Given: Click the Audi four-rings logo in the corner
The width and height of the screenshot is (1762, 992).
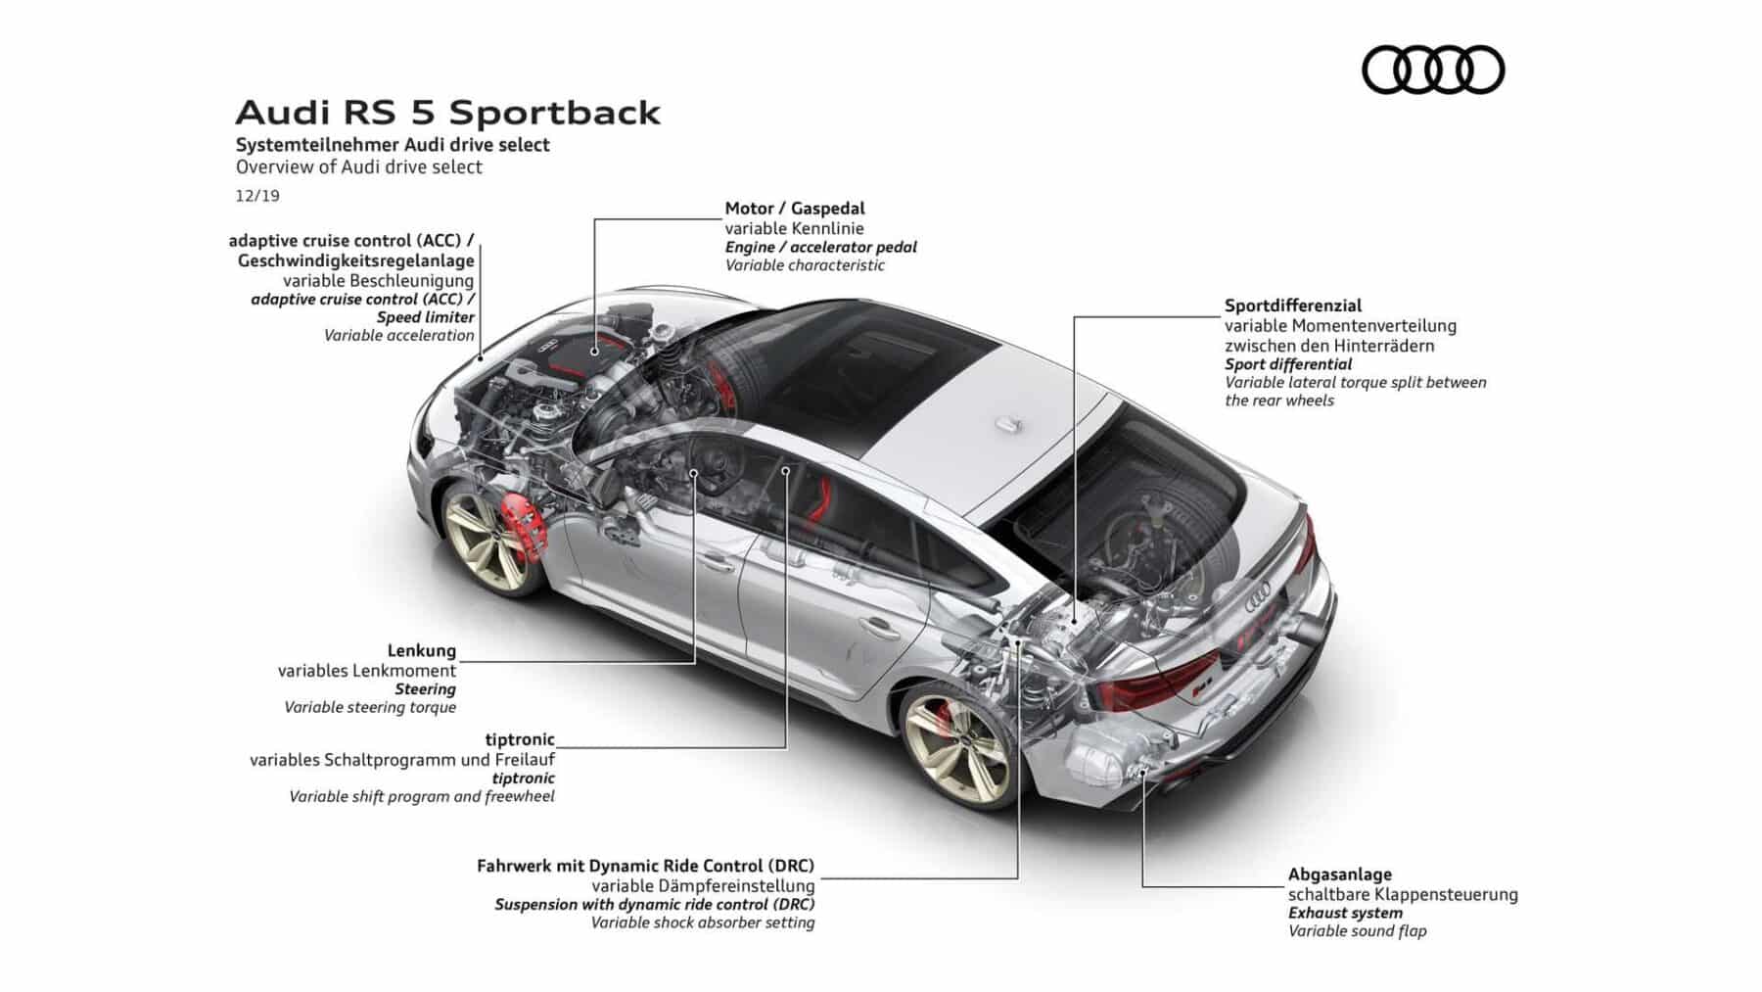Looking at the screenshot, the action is pos(1433,70).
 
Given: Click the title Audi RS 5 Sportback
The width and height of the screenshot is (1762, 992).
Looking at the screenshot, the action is pos(448,113).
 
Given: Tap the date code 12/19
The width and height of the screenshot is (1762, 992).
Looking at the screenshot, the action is pos(257,196).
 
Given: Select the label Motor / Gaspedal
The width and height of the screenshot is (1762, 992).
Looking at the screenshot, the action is pos(795,209).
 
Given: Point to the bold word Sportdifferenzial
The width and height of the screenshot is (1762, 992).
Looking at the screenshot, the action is pos(1293,306).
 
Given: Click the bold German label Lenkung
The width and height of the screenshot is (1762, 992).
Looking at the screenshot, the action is pos(422,651).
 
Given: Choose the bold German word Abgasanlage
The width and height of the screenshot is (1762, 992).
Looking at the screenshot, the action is pos(1340,874).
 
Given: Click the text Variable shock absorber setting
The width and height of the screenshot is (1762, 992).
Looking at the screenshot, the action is pos(703,922).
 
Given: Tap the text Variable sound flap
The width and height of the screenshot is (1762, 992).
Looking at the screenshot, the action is pos(1358,931).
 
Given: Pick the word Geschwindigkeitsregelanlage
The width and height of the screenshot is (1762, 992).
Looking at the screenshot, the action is pos(356,260).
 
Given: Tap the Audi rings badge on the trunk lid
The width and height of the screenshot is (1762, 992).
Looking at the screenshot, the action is pos(1258,592).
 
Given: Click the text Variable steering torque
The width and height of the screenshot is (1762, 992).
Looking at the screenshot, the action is pos(370,707).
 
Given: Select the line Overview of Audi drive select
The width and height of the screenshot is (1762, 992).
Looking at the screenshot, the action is pos(359,167).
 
